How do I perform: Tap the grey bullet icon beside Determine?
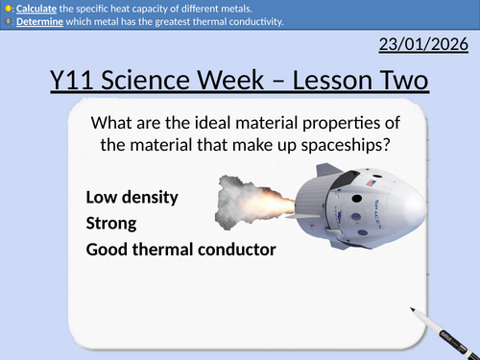tap(7, 22)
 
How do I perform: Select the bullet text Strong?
tap(111, 223)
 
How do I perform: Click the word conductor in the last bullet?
tap(236, 249)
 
